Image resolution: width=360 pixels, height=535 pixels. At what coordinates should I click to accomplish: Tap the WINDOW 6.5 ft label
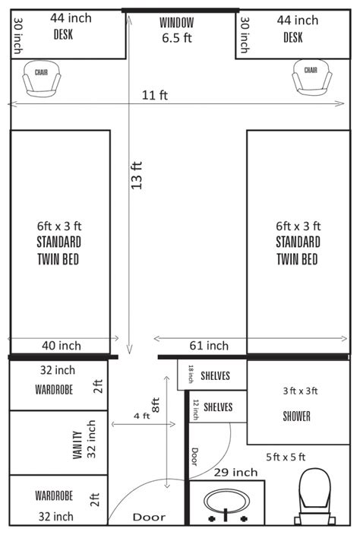pos(177,30)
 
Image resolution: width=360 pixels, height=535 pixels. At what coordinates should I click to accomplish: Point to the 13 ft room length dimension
pos(137,176)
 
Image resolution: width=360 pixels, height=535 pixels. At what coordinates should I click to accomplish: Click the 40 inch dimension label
pos(60,346)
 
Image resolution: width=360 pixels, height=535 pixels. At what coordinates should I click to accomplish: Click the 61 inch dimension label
pos(207,346)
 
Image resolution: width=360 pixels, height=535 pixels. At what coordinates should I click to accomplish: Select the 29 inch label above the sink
pos(230,473)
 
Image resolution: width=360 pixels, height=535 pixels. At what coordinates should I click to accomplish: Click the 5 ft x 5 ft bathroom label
pos(286,457)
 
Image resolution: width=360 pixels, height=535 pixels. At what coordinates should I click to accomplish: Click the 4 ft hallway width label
pos(141,416)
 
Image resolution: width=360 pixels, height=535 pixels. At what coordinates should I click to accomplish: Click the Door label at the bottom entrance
pos(149,518)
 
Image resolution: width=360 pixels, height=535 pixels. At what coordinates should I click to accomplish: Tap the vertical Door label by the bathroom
pos(194,456)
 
